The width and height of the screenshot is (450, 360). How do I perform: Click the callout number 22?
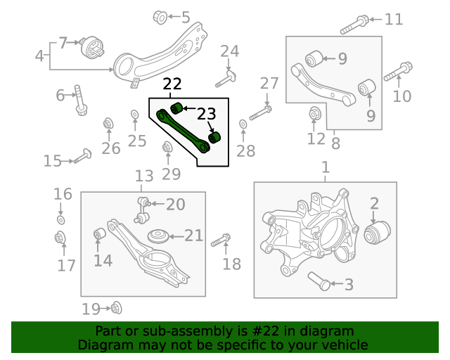(172, 85)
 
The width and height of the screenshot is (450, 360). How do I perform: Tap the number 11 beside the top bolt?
(394, 19)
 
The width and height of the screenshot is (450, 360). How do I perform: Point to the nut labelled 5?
(160, 15)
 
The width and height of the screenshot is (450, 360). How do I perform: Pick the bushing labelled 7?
(92, 49)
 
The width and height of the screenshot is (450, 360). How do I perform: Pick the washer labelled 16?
(61, 220)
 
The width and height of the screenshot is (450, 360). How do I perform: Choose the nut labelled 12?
(315, 112)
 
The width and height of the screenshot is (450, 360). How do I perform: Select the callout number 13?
(143, 176)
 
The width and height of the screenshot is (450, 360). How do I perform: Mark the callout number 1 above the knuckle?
(325, 168)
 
